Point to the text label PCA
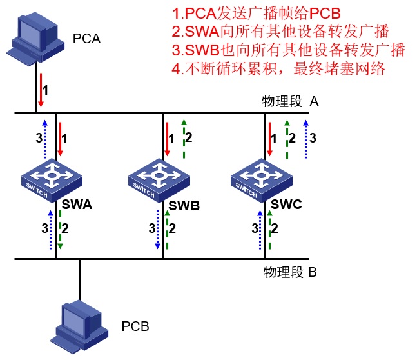point(88,40)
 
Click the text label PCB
point(135,326)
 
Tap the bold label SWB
point(184,206)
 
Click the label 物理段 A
point(290,101)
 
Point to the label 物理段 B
point(290,272)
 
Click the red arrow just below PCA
point(41,92)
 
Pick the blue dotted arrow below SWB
point(157,229)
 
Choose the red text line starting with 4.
point(278,68)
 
